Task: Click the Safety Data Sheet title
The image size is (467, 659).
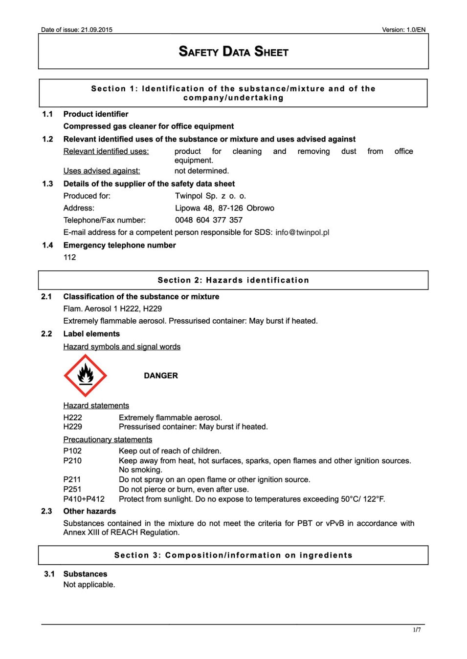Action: click(x=233, y=52)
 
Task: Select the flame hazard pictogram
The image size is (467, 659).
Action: click(x=86, y=375)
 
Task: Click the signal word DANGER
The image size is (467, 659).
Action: click(x=161, y=375)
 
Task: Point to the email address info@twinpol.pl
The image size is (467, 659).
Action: click(x=302, y=232)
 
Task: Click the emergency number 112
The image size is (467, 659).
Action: click(x=69, y=257)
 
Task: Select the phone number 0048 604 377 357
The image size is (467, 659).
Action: click(x=209, y=220)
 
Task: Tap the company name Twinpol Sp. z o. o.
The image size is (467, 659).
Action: click(x=210, y=196)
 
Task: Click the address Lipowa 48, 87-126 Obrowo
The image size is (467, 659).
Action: click(x=224, y=208)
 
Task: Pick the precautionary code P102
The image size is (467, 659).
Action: click(x=72, y=451)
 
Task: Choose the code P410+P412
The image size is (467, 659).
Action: click(x=84, y=499)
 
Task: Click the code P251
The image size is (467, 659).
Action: click(x=72, y=489)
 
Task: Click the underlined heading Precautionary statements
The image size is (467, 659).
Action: click(x=108, y=439)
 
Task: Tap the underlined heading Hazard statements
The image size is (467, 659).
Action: click(x=96, y=405)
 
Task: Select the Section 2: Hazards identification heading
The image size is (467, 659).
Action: click(x=233, y=280)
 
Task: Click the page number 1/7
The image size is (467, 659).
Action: click(x=417, y=630)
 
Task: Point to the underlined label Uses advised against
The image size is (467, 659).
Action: click(x=102, y=171)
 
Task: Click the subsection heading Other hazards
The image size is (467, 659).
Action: click(x=89, y=511)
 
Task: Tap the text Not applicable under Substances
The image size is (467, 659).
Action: click(x=89, y=584)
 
